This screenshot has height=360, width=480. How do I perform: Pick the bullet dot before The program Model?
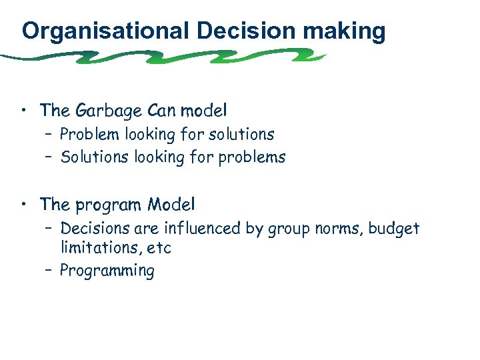25,203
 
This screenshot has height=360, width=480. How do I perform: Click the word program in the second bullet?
109,204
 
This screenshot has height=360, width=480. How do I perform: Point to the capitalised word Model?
171,203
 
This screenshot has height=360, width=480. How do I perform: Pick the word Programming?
107,271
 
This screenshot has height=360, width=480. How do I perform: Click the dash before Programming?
49,270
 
